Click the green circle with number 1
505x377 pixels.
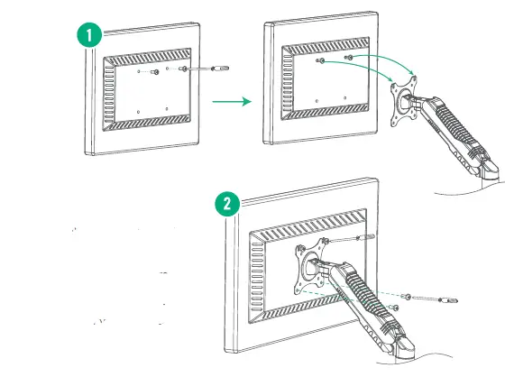pyautogui.click(x=88, y=36)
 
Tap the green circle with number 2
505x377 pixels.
pyautogui.click(x=227, y=203)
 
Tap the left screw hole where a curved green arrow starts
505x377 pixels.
pyautogui.click(x=322, y=61)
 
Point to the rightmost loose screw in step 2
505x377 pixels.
pyautogui.click(x=444, y=299)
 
